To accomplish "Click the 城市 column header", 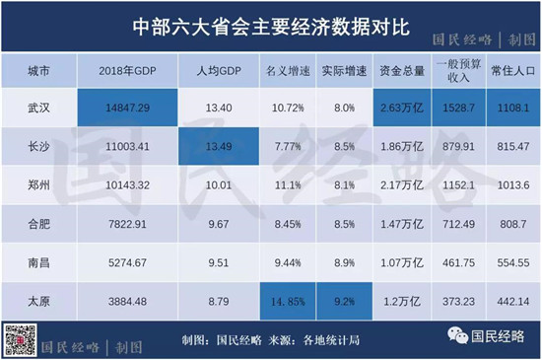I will [x=39, y=73].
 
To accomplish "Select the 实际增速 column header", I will [x=342, y=73].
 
